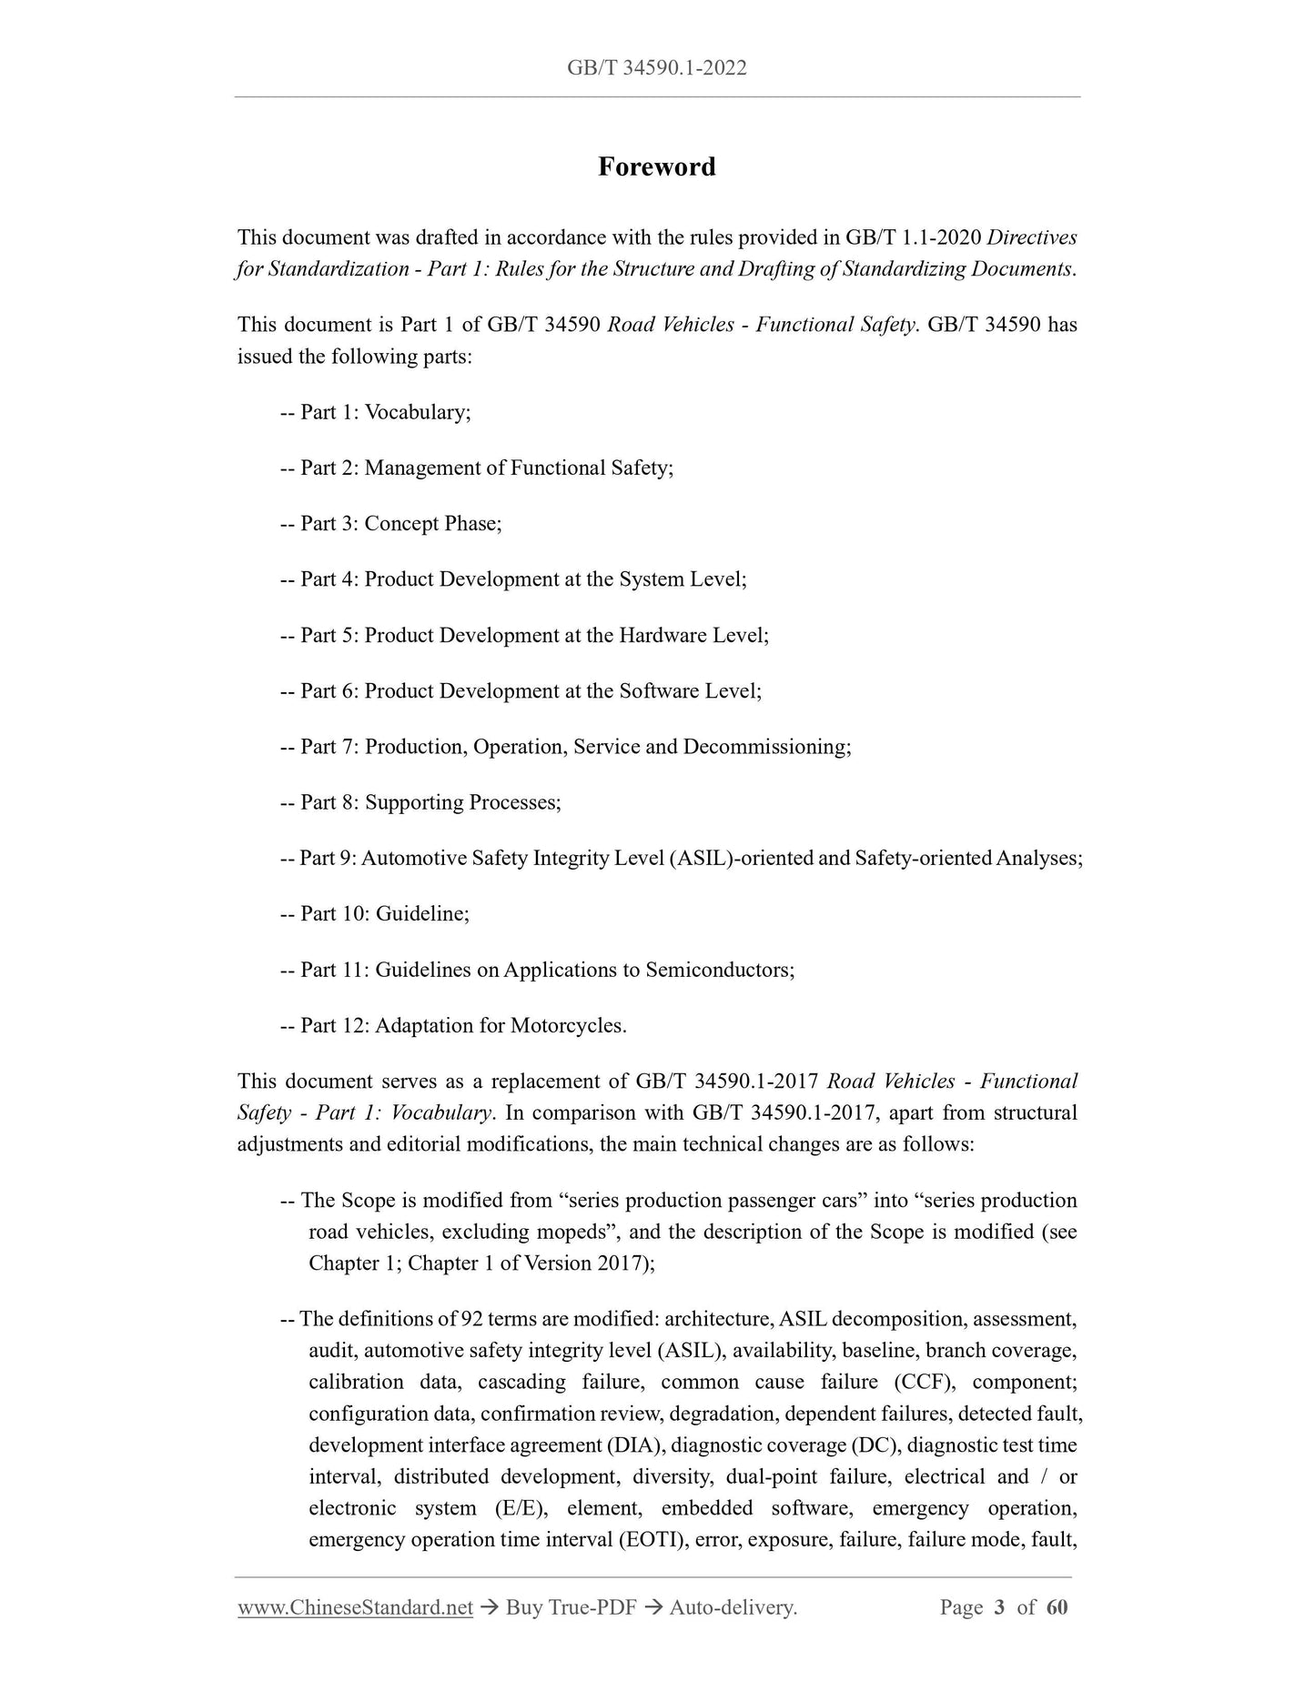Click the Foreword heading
click(656, 166)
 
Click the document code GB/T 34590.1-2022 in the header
click(656, 67)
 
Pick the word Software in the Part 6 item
click(660, 690)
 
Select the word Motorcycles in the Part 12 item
click(566, 1025)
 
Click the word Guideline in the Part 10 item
click(420, 913)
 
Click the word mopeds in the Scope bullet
click(571, 1232)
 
